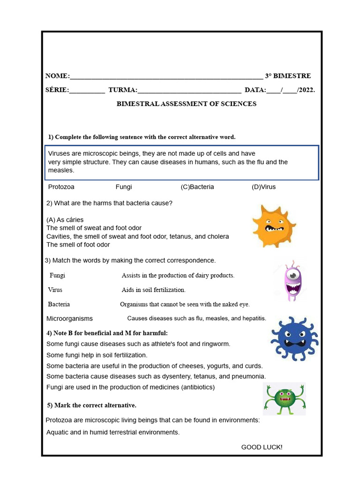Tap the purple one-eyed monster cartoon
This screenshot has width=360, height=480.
pos(293,281)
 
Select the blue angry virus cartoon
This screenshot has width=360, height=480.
pos(294,338)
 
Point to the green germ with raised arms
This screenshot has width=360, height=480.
pos(285,399)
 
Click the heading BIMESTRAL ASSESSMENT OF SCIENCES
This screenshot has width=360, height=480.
pos(187,104)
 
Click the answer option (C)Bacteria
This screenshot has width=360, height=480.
pos(197,187)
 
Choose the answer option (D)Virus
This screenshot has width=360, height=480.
pos(263,187)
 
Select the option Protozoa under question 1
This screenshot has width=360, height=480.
pos(61,187)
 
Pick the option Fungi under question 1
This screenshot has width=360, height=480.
pos(124,187)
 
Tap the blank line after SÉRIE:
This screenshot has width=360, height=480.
pos(87,90)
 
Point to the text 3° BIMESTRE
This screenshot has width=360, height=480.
pos(288,76)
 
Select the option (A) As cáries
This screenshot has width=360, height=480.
pos(65,220)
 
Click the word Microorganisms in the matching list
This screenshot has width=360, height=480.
pos(69,319)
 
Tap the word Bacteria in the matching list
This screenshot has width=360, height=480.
pos(59,304)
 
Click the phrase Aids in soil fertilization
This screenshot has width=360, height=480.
pos(154,290)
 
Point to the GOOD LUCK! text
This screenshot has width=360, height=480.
pos(262,447)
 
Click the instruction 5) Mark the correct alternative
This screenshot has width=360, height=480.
pos(91,405)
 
